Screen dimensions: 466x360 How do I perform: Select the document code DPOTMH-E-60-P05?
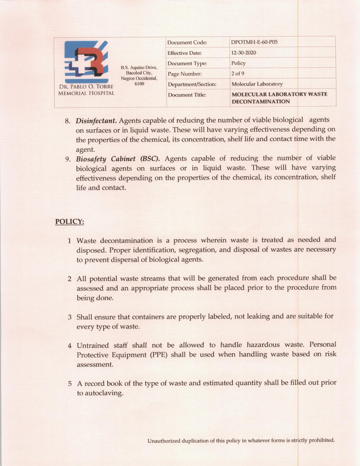[x=254, y=42]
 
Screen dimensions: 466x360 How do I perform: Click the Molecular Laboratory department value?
[x=257, y=84]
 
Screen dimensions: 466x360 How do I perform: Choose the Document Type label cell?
[x=187, y=64]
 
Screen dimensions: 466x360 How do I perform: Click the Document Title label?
[x=187, y=95]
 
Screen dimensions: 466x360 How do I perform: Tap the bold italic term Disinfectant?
[x=96, y=121]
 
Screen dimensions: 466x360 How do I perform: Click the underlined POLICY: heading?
[x=69, y=221]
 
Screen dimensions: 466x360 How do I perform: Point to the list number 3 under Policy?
[x=69, y=317]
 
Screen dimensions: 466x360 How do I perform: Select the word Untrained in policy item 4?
[x=93, y=345]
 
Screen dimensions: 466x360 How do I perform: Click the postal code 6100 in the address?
[x=139, y=84]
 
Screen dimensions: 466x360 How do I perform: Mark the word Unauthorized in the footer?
[x=164, y=441]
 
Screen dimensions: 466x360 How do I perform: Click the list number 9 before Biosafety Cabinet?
[x=68, y=159]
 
